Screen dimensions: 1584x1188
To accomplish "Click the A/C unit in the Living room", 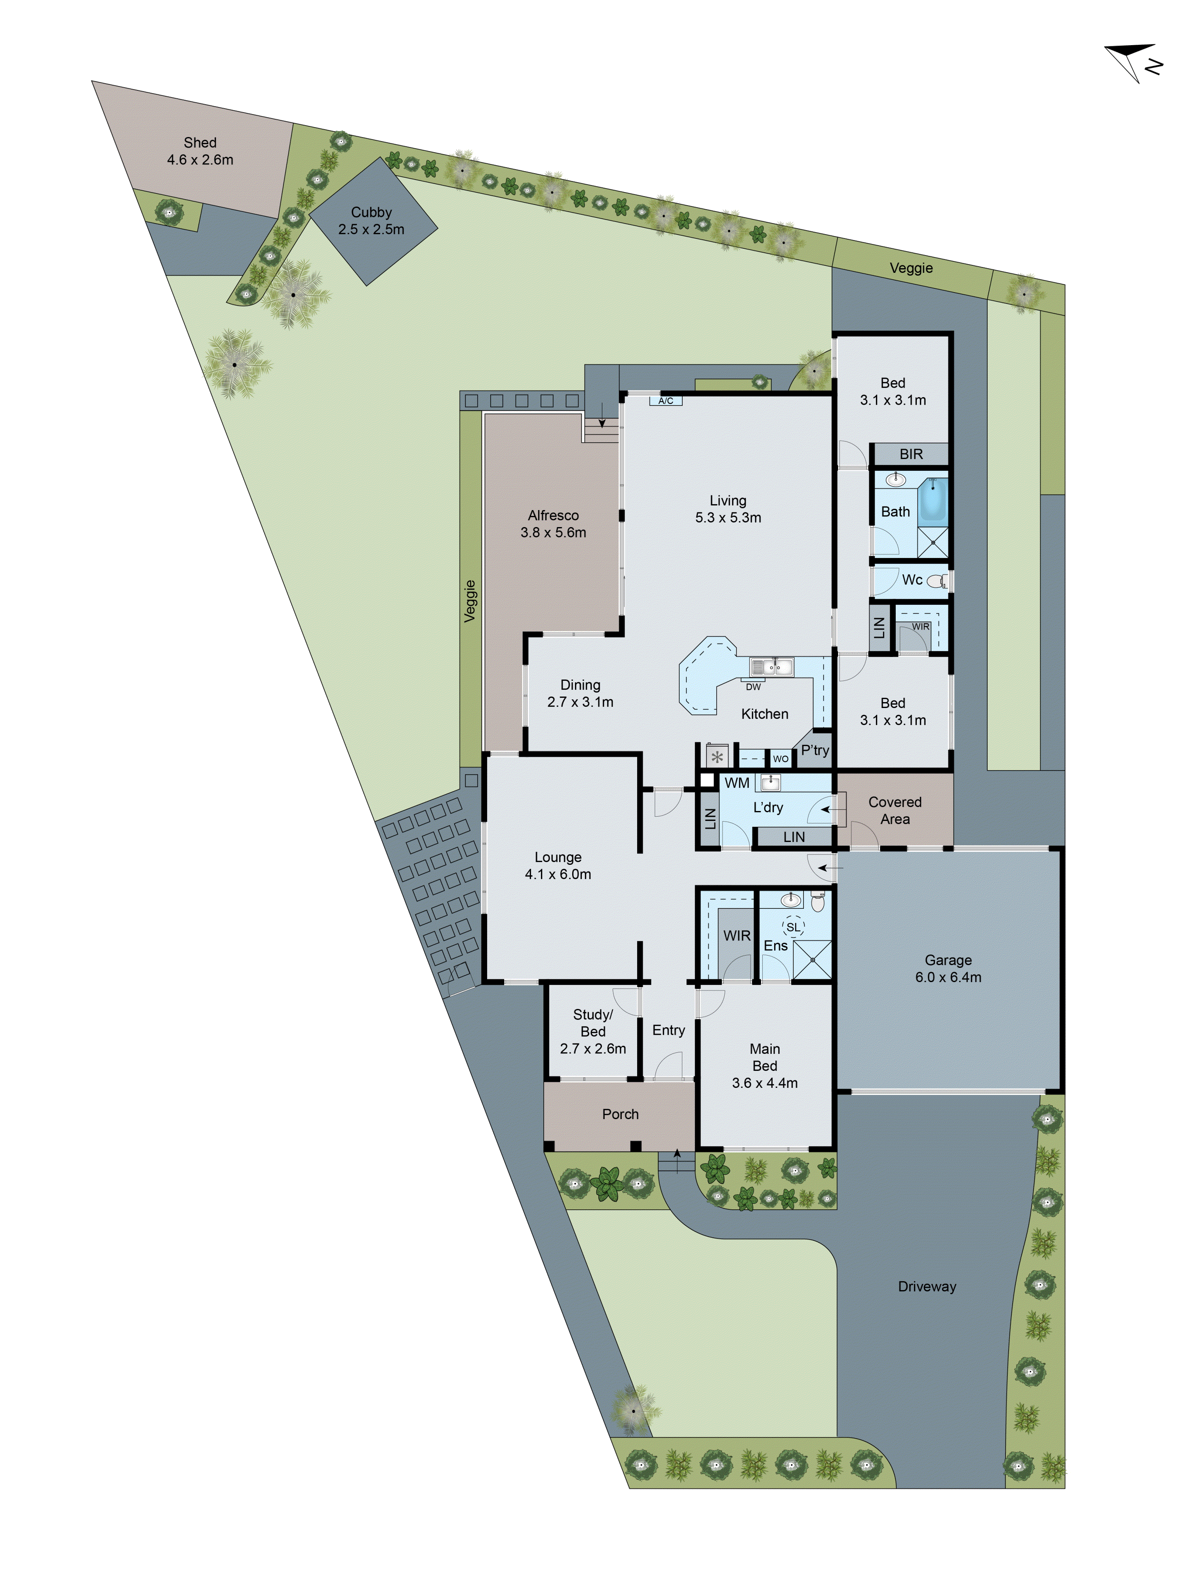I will [x=665, y=400].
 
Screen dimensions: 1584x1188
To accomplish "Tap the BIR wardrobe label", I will [x=911, y=454].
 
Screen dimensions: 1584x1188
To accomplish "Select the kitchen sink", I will [x=771, y=667].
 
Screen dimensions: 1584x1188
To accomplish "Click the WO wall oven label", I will [x=781, y=758].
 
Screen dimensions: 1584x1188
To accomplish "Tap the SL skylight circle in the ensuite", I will [x=793, y=927].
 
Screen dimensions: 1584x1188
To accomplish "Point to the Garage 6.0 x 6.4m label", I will [x=948, y=968].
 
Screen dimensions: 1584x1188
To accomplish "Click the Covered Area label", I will [x=895, y=810].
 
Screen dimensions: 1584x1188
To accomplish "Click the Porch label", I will [x=620, y=1114].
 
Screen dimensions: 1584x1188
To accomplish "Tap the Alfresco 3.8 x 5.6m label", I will [x=553, y=524].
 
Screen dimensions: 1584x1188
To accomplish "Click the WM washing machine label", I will [x=737, y=782].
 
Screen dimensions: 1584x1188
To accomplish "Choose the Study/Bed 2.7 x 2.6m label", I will [x=593, y=1031].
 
